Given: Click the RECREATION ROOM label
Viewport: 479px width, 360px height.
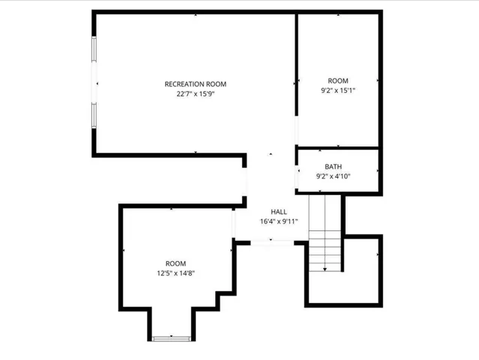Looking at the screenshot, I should pos(195,84).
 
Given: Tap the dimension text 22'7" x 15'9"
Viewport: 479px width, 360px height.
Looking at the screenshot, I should pos(195,94).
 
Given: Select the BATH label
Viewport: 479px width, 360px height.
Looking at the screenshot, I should pos(334,166).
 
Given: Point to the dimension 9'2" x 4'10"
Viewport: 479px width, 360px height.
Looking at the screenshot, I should pos(334,176).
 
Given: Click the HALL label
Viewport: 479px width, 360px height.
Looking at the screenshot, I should pos(279,211).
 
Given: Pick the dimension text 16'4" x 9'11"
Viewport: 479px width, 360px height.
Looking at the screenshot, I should pos(279,221).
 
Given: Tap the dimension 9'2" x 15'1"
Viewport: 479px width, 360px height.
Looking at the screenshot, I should pos(338,91).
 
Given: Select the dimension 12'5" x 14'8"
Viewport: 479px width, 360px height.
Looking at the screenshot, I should pos(175,274).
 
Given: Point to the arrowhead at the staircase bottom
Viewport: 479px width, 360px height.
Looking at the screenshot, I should pos(325,268).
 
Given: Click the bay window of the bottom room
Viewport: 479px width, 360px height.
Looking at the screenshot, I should pos(172,339).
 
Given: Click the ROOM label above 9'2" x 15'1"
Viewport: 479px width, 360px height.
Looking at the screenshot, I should pos(338,80).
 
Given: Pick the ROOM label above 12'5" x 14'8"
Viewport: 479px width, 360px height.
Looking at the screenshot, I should pos(175,263).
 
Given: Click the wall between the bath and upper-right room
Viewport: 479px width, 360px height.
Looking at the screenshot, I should pos(337,148).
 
